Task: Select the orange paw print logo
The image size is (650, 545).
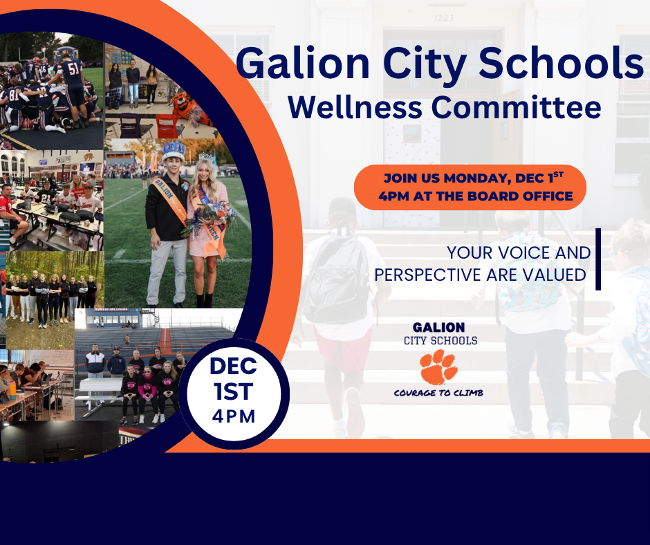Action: click(438, 367)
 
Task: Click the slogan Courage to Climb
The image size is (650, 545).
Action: click(438, 393)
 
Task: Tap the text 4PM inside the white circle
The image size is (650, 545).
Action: click(234, 416)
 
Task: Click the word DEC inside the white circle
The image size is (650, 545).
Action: click(234, 366)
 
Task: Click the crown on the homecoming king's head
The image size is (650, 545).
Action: click(173, 149)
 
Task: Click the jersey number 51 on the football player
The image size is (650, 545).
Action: click(72, 68)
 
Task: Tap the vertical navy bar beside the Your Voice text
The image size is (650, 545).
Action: click(597, 259)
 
